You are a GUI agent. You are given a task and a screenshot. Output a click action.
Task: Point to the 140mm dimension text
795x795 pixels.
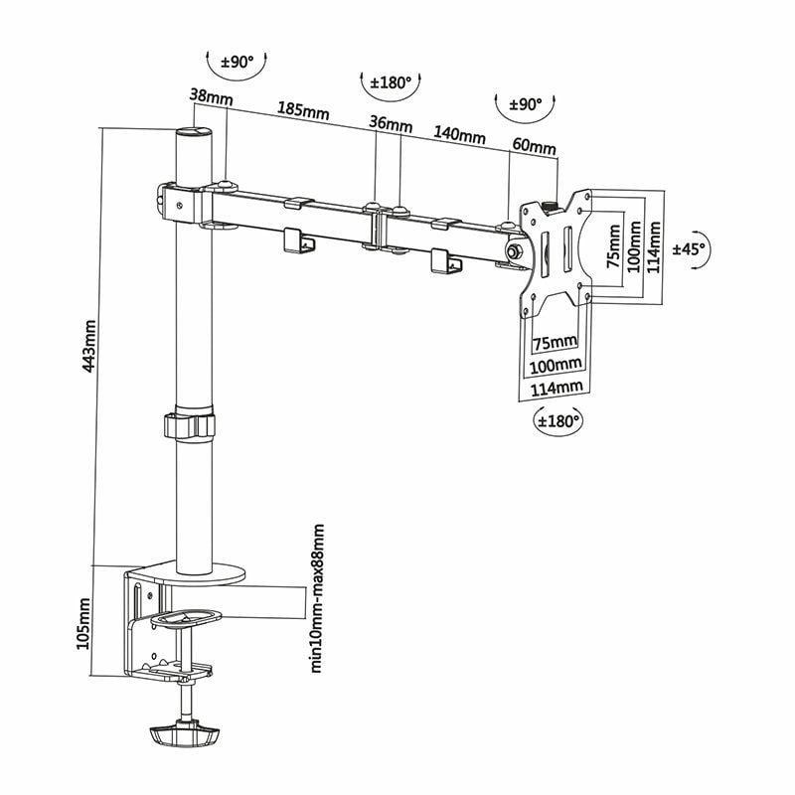(459, 136)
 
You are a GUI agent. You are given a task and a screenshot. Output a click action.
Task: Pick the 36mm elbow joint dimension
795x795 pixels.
(390, 124)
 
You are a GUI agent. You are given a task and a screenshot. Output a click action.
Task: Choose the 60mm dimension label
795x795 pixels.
(534, 146)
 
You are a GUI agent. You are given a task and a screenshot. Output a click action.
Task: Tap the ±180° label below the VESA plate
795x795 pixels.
(558, 420)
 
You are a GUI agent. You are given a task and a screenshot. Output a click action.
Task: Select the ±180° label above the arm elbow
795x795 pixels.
(391, 83)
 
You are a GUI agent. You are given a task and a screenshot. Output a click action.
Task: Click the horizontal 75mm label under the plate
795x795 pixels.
(554, 343)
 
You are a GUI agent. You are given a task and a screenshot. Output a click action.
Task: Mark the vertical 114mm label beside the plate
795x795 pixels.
(653, 248)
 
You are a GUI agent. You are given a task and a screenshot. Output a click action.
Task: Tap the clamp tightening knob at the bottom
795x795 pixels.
(184, 736)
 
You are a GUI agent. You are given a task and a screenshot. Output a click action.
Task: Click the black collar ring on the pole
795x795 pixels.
(190, 424)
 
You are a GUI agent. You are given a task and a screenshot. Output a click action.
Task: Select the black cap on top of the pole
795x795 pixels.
(194, 133)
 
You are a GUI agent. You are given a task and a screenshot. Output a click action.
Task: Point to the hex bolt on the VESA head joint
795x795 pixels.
(515, 253)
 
